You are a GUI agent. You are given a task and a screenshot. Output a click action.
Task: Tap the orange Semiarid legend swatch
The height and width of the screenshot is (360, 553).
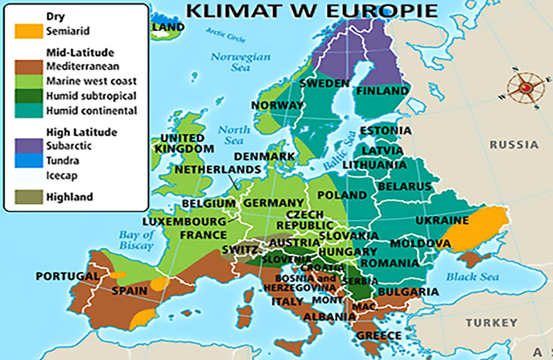(x=28, y=31)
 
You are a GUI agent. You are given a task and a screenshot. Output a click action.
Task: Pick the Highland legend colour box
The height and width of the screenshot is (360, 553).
(x=28, y=197)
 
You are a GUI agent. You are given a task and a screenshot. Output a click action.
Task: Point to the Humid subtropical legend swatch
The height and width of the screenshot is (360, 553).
(x=28, y=96)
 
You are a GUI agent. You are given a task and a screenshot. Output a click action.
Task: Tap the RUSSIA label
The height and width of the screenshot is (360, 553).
(x=514, y=145)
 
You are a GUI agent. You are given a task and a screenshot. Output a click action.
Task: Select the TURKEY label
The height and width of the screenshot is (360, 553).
(x=491, y=323)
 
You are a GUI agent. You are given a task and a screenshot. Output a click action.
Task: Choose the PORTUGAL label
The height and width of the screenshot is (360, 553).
(x=67, y=276)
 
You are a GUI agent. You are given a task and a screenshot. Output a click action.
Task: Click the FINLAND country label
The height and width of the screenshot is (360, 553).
(x=382, y=91)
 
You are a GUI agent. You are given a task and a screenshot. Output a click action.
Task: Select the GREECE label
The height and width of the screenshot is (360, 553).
(x=378, y=336)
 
